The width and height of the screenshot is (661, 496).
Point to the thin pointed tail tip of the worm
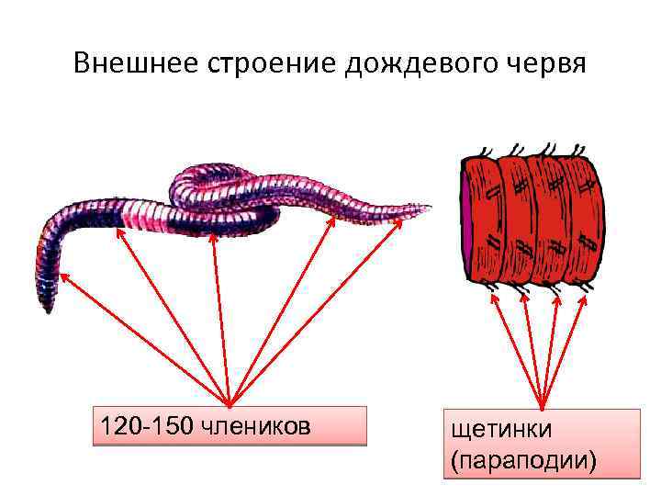coord(423,207)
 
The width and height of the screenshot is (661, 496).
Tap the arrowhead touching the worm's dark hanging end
coord(62,273)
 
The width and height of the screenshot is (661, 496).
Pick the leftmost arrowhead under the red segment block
coord(497,299)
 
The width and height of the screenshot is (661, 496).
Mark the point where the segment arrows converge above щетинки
coord(543,408)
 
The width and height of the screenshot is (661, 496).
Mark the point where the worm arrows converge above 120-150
coord(229,404)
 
